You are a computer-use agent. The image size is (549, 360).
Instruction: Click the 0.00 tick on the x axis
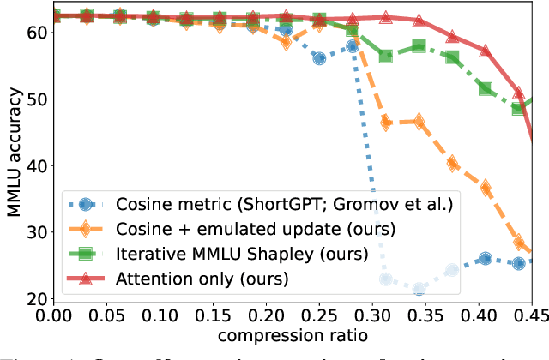point(54,316)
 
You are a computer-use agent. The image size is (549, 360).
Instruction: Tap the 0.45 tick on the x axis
point(530,316)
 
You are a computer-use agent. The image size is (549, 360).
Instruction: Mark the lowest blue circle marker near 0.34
point(419,290)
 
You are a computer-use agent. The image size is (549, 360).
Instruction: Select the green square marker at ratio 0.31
point(386,57)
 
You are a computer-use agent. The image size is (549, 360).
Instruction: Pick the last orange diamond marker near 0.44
point(519,243)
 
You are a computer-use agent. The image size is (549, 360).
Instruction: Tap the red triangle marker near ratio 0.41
point(486,51)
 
